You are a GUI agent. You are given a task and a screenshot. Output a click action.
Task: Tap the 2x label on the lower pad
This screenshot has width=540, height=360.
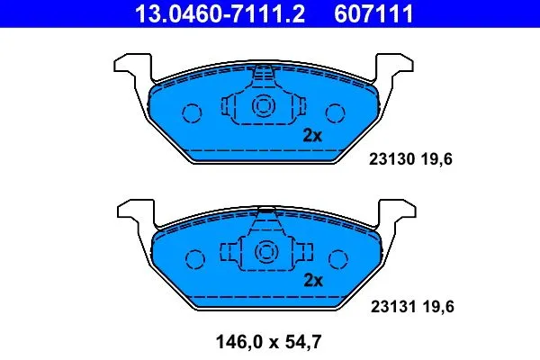[312, 280]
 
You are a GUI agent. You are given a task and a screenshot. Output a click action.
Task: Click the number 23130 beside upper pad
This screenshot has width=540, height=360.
[390, 161]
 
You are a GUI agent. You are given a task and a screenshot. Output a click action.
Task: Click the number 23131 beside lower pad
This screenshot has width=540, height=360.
[390, 307]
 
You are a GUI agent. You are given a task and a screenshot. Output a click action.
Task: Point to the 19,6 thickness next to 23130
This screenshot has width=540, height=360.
[436, 161]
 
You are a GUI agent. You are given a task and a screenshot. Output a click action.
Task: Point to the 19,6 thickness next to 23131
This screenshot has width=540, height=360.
[436, 307]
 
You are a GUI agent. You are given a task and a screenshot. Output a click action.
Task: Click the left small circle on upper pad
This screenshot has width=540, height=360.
[192, 113]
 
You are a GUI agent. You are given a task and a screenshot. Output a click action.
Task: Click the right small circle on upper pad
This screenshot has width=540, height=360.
[336, 113]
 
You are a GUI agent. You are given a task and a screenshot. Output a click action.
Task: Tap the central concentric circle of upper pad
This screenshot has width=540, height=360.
[264, 107]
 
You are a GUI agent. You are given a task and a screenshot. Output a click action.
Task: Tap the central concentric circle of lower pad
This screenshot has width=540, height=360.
[264, 251]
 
